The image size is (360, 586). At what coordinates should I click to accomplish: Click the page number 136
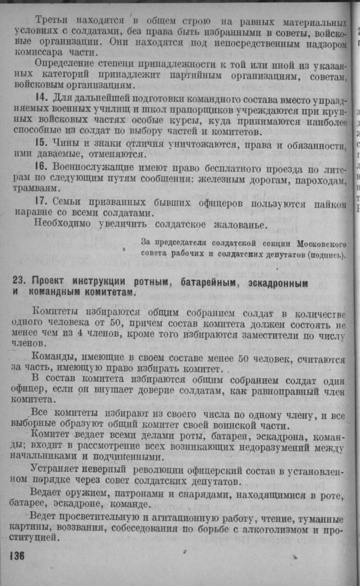pos(17,556)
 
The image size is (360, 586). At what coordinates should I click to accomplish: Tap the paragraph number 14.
pos(41,98)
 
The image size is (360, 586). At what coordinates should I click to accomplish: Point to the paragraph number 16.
pos(42,166)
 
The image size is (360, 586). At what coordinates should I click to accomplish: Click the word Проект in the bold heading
pos(49,283)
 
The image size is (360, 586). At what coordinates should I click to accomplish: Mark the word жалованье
pos(236,224)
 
